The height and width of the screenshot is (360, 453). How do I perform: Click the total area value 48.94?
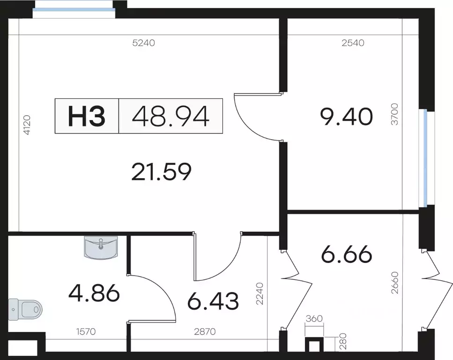pyautogui.click(x=171, y=116)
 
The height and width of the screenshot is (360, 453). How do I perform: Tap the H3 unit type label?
pyautogui.click(x=86, y=116)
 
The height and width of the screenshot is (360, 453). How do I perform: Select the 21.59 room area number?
pyautogui.click(x=161, y=172)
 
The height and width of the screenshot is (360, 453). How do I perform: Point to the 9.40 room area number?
pyautogui.click(x=346, y=117)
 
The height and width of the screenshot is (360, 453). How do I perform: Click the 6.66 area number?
pyautogui.click(x=346, y=254)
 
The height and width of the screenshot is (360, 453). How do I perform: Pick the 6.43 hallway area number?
pyautogui.click(x=213, y=301)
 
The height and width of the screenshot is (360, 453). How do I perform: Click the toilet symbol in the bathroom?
pyautogui.click(x=25, y=309)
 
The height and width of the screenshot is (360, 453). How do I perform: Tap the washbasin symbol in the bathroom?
pyautogui.click(x=101, y=247)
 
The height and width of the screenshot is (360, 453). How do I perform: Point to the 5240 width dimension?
pyautogui.click(x=144, y=43)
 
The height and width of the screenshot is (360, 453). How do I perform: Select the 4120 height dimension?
pyautogui.click(x=27, y=125)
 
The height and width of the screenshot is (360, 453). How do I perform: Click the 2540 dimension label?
pyautogui.click(x=353, y=43)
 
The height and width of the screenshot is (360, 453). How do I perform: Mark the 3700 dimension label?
pyautogui.click(x=394, y=114)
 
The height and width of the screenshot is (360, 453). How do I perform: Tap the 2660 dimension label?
pyautogui.click(x=394, y=283)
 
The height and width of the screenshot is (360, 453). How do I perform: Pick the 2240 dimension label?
pyautogui.click(x=260, y=293)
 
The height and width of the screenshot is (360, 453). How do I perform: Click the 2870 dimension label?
pyautogui.click(x=205, y=331)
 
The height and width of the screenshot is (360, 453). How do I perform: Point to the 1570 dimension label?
pyautogui.click(x=86, y=331)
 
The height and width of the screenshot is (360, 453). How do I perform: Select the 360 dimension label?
pyautogui.click(x=314, y=318)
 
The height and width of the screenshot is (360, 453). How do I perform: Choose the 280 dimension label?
pyautogui.click(x=343, y=341)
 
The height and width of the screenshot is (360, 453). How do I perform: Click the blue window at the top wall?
pyautogui.click(x=74, y=9)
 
